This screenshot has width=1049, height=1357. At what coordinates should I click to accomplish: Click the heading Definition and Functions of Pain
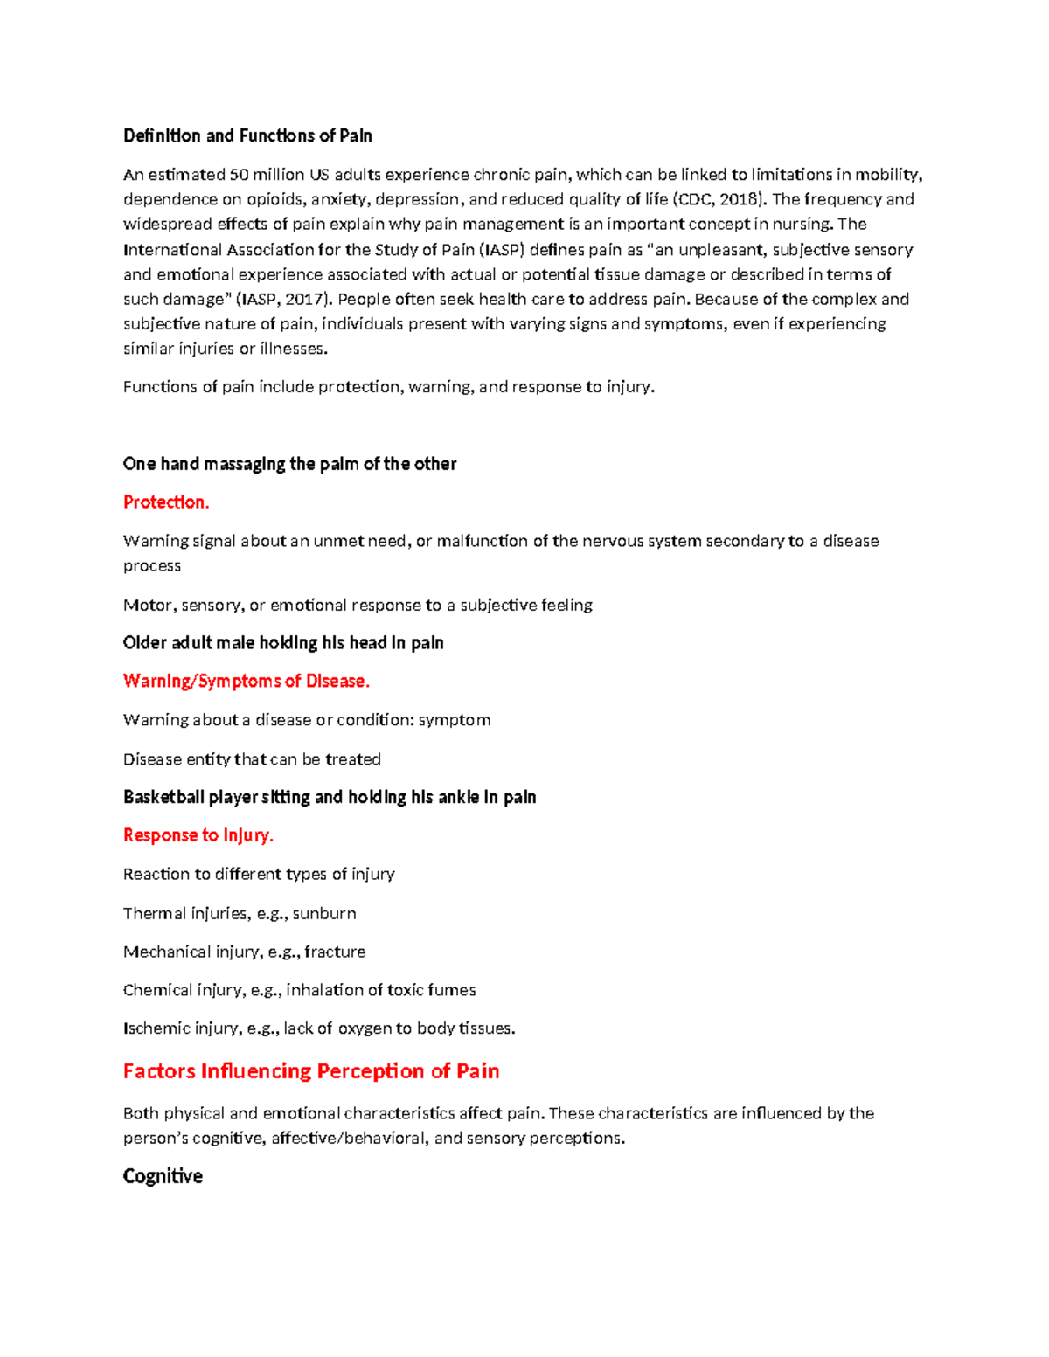[x=247, y=135]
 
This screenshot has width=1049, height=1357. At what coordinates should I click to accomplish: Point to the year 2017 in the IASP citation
[x=305, y=299]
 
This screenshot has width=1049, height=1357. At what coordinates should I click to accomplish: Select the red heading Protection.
[x=166, y=502]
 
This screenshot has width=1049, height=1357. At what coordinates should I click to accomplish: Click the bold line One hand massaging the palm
[x=289, y=464]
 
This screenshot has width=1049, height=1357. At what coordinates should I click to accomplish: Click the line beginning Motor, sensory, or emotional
[x=358, y=605]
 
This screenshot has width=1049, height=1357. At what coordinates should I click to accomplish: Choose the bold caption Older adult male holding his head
[x=283, y=643]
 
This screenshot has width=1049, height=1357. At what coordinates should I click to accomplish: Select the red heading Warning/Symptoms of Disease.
[x=247, y=681]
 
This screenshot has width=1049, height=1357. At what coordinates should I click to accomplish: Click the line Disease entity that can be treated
[x=252, y=759]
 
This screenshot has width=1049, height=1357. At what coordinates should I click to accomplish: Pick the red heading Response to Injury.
[x=198, y=835]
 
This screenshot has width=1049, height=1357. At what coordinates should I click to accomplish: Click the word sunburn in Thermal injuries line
[x=324, y=913]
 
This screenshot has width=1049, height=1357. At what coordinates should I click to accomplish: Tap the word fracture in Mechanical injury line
[x=335, y=952]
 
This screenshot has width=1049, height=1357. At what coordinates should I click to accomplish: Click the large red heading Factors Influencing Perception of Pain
[x=311, y=1071]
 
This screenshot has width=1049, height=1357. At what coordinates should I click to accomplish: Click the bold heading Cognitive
[x=163, y=1176]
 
